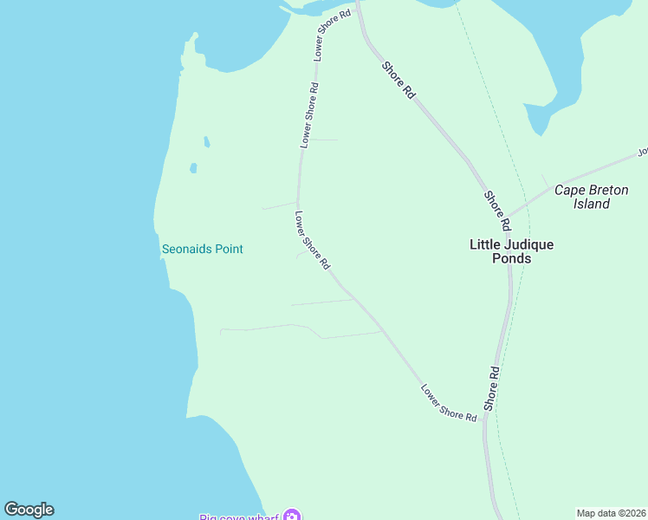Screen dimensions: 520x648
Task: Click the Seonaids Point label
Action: point(203,250)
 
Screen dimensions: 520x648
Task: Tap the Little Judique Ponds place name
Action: point(511,251)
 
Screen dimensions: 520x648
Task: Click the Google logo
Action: point(29,510)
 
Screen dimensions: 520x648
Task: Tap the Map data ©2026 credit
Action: point(612,513)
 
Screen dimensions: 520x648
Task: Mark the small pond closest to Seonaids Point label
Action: point(193,168)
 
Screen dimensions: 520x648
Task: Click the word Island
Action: point(592,205)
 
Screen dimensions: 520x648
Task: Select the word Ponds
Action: point(511,258)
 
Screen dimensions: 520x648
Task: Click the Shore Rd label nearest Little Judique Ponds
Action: point(495,205)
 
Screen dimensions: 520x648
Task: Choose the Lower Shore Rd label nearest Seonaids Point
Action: point(313,242)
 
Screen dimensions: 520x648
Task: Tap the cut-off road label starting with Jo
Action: point(643,152)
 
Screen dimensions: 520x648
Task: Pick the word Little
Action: point(484,244)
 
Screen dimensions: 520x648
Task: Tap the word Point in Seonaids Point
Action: point(229,250)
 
